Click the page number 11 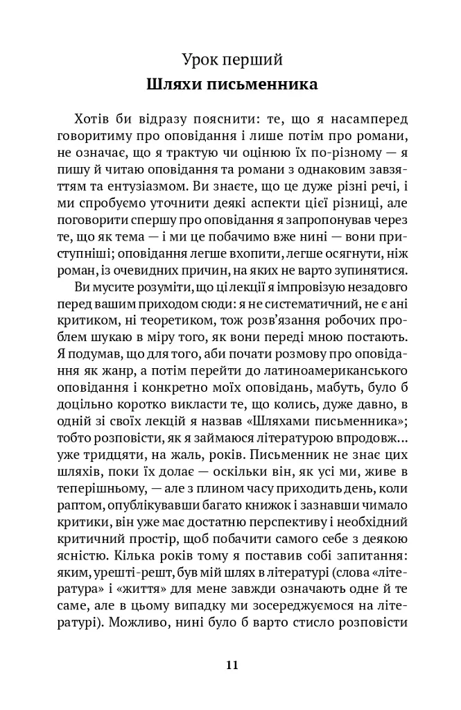[232, 664]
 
